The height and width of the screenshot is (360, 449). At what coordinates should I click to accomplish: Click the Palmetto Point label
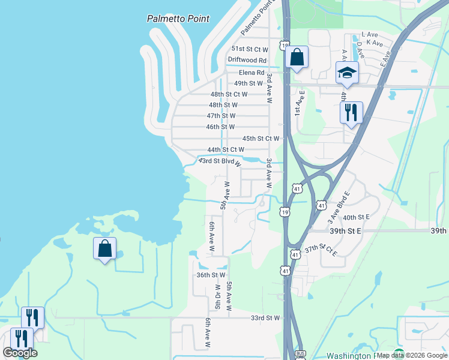[x=178, y=19]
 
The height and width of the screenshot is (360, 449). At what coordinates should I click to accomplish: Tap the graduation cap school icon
[x=347, y=73]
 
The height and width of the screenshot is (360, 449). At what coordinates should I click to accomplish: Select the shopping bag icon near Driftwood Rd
[x=297, y=58]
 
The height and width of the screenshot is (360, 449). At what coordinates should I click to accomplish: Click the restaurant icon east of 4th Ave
[x=351, y=112]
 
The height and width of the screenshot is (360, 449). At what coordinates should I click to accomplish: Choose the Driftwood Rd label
[x=247, y=60]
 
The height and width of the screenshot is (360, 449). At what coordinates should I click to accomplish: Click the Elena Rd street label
[x=252, y=73]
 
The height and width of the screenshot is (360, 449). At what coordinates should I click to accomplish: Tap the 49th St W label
[x=249, y=83]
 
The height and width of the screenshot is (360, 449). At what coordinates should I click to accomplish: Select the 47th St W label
[x=221, y=115]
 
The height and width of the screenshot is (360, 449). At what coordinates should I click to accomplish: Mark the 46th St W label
[x=220, y=127]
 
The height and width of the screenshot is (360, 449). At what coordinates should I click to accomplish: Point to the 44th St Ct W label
[x=226, y=149]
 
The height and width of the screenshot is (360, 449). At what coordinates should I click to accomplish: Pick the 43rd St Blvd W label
[x=220, y=161]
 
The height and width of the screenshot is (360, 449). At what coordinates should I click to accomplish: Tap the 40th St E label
[x=356, y=217]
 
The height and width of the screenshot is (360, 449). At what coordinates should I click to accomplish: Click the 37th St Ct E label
[x=321, y=249]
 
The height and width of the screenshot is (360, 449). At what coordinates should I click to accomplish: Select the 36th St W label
[x=211, y=275]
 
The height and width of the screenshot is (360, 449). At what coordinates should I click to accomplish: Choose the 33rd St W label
[x=265, y=318]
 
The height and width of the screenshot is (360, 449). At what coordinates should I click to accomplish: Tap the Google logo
[x=20, y=353]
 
